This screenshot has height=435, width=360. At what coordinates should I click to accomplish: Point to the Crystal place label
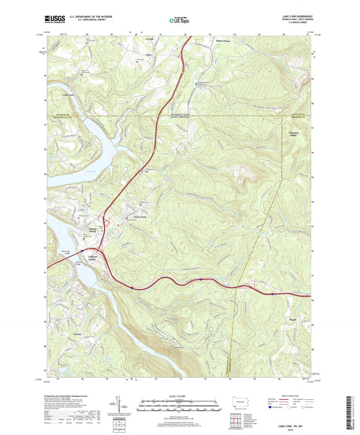(x=150, y=39)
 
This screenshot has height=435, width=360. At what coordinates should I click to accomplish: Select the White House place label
(x=223, y=41)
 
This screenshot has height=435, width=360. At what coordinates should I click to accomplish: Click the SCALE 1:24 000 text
(x=179, y=395)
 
